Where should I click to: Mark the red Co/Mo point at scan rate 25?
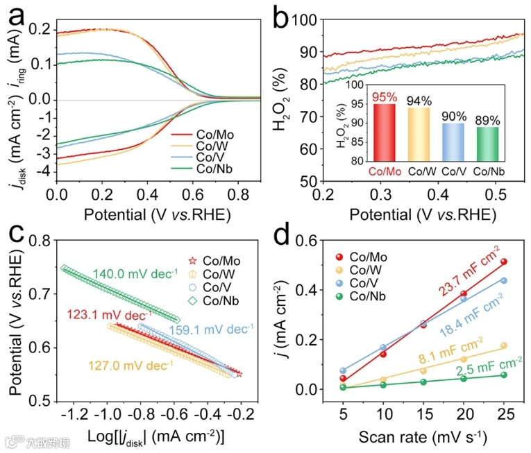click(504, 262)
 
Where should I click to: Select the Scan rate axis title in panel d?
click(423, 438)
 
